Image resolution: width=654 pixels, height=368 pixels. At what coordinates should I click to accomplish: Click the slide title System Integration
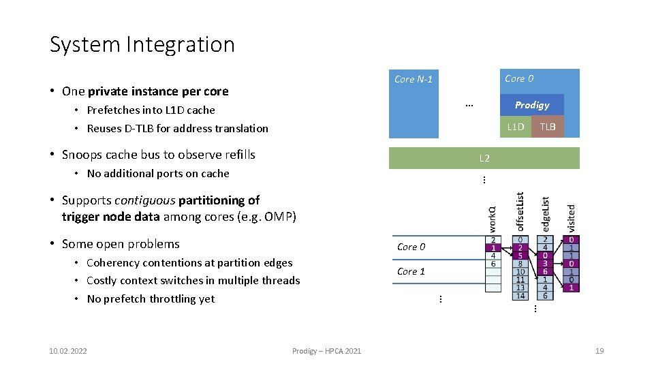142,44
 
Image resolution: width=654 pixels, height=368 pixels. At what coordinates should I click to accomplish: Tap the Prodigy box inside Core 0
531,105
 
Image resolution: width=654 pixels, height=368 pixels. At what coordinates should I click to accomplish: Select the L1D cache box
516,127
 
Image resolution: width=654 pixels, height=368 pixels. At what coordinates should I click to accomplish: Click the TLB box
548,127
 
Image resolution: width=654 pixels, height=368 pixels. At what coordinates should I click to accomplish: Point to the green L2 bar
484,158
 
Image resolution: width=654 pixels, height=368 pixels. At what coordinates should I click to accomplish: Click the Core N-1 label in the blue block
413,80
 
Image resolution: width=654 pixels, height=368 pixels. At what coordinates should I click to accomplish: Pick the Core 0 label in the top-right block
519,78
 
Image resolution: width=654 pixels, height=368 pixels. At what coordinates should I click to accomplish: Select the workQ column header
493,218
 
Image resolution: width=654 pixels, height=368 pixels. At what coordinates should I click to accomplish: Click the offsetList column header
520,211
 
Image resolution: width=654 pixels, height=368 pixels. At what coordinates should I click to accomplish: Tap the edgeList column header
545,214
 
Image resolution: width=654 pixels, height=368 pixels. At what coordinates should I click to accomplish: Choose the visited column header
571,217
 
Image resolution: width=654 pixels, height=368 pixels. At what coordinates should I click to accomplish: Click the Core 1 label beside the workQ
411,271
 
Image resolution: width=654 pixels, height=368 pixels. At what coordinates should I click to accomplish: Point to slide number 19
599,351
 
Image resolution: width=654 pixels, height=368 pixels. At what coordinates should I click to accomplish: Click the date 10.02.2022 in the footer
68,351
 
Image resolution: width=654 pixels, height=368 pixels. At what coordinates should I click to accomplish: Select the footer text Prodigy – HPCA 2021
326,351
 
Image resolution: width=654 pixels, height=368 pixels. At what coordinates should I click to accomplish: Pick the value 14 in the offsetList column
520,296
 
